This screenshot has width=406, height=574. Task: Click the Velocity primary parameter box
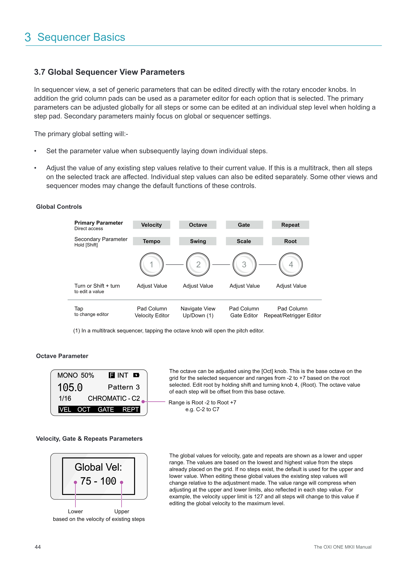[151, 225]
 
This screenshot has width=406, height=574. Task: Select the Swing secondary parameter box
[198, 241]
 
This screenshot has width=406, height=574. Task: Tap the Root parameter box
[290, 241]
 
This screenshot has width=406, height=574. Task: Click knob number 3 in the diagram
[244, 264]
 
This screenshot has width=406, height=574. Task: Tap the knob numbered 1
[151, 264]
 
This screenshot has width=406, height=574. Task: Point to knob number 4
[291, 264]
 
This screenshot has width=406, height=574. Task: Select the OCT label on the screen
[84, 409]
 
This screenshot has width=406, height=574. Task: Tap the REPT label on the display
[130, 409]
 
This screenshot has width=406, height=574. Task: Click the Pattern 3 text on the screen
[124, 387]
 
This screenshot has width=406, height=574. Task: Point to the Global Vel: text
[98, 467]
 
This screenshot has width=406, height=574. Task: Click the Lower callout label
[75, 511]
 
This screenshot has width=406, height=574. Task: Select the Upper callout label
[122, 511]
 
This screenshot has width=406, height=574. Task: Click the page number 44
[38, 547]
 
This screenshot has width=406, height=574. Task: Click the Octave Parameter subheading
[62, 356]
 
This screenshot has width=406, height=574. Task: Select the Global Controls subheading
[59, 207]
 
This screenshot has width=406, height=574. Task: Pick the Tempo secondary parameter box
[151, 241]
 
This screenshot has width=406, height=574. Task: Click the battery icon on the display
[136, 375]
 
